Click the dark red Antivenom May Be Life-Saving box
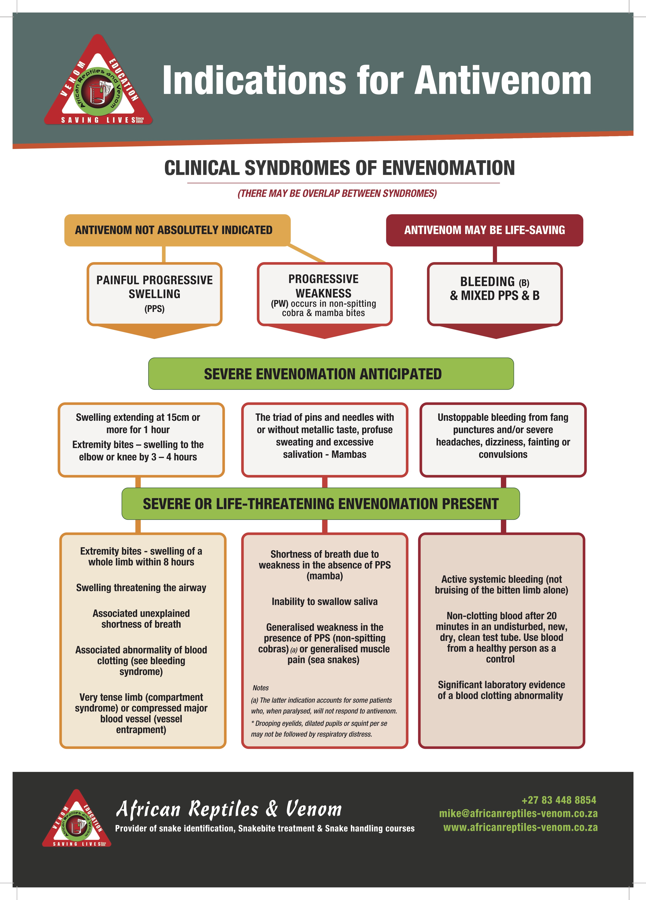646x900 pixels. click(484, 230)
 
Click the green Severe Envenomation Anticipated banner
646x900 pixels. click(331, 374)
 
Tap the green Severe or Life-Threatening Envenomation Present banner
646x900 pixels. click(320, 503)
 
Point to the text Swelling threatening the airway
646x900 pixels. click(141, 588)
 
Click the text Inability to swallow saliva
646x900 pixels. click(324, 602)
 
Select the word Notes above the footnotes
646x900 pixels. click(261, 688)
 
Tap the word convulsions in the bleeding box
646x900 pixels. click(503, 454)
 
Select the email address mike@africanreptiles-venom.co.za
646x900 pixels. click(518, 814)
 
